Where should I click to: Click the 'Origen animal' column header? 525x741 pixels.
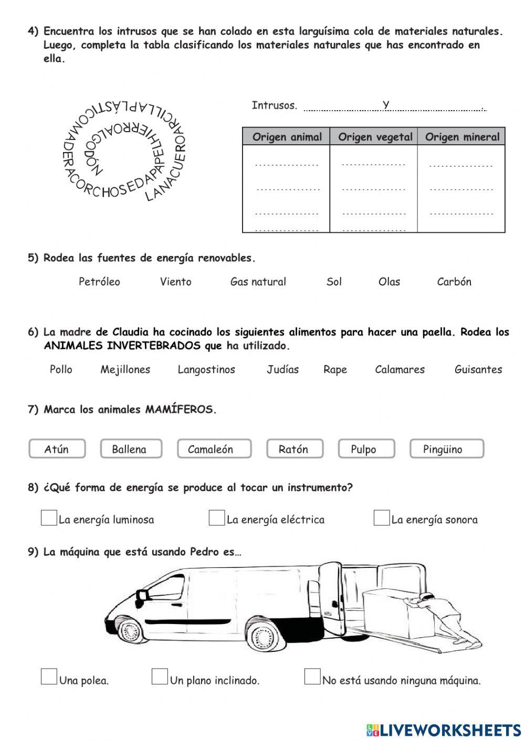click(x=287, y=137)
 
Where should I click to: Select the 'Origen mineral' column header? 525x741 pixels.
click(x=462, y=137)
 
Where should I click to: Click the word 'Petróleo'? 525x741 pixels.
click(x=99, y=282)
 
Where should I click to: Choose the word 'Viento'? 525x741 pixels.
click(x=175, y=282)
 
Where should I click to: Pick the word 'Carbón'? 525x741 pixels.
click(x=454, y=282)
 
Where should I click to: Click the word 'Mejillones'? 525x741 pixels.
click(x=125, y=369)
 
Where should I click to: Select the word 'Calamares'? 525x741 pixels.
click(x=400, y=369)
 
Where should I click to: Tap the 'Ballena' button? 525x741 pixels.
click(x=130, y=449)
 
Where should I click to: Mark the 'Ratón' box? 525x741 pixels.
click(x=294, y=449)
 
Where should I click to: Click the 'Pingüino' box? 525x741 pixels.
click(x=446, y=449)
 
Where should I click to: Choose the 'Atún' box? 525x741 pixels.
click(x=57, y=449)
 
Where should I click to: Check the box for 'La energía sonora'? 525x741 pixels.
click(x=381, y=518)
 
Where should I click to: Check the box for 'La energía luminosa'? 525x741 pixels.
click(x=49, y=518)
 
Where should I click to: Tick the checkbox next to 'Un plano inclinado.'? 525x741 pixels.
click(x=160, y=676)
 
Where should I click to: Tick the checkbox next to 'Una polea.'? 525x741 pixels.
click(x=49, y=676)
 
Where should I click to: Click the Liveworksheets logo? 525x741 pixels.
click(x=444, y=729)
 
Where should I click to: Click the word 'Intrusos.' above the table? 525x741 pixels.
click(x=274, y=105)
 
